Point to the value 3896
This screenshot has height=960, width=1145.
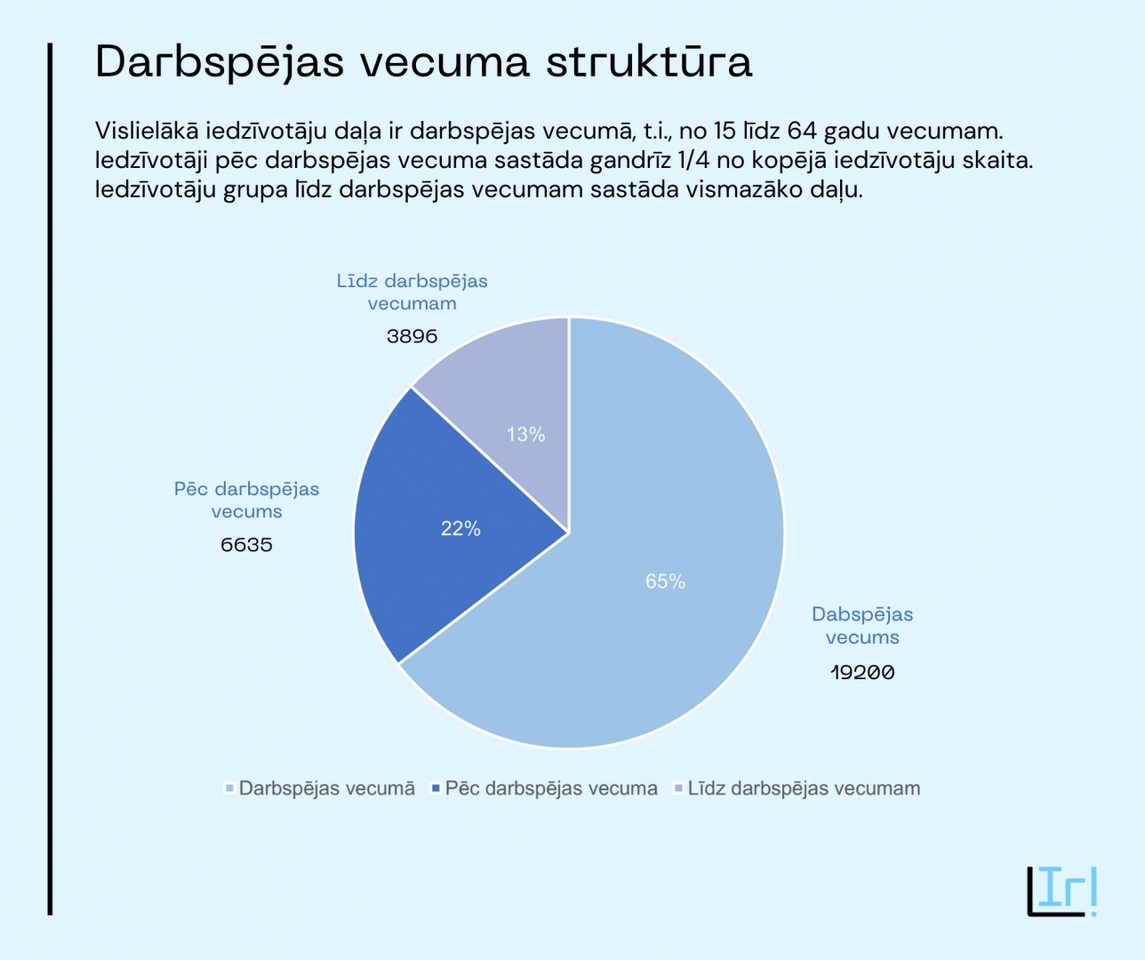[412, 336]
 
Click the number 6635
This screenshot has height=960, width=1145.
[246, 545]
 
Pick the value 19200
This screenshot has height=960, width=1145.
[862, 672]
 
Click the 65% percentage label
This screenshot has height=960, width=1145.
[665, 581]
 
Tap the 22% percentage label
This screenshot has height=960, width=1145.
[460, 529]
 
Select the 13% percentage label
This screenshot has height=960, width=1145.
[526, 435]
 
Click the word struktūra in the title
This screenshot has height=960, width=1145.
[649, 62]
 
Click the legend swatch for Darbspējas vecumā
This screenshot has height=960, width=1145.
[229, 788]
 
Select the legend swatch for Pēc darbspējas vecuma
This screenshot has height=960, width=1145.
[436, 788]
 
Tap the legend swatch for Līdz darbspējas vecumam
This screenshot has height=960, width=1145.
[678, 788]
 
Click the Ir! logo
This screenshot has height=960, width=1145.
[1062, 891]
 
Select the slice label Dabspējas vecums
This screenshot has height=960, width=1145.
[862, 626]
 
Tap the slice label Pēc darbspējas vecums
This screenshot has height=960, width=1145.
[246, 500]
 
